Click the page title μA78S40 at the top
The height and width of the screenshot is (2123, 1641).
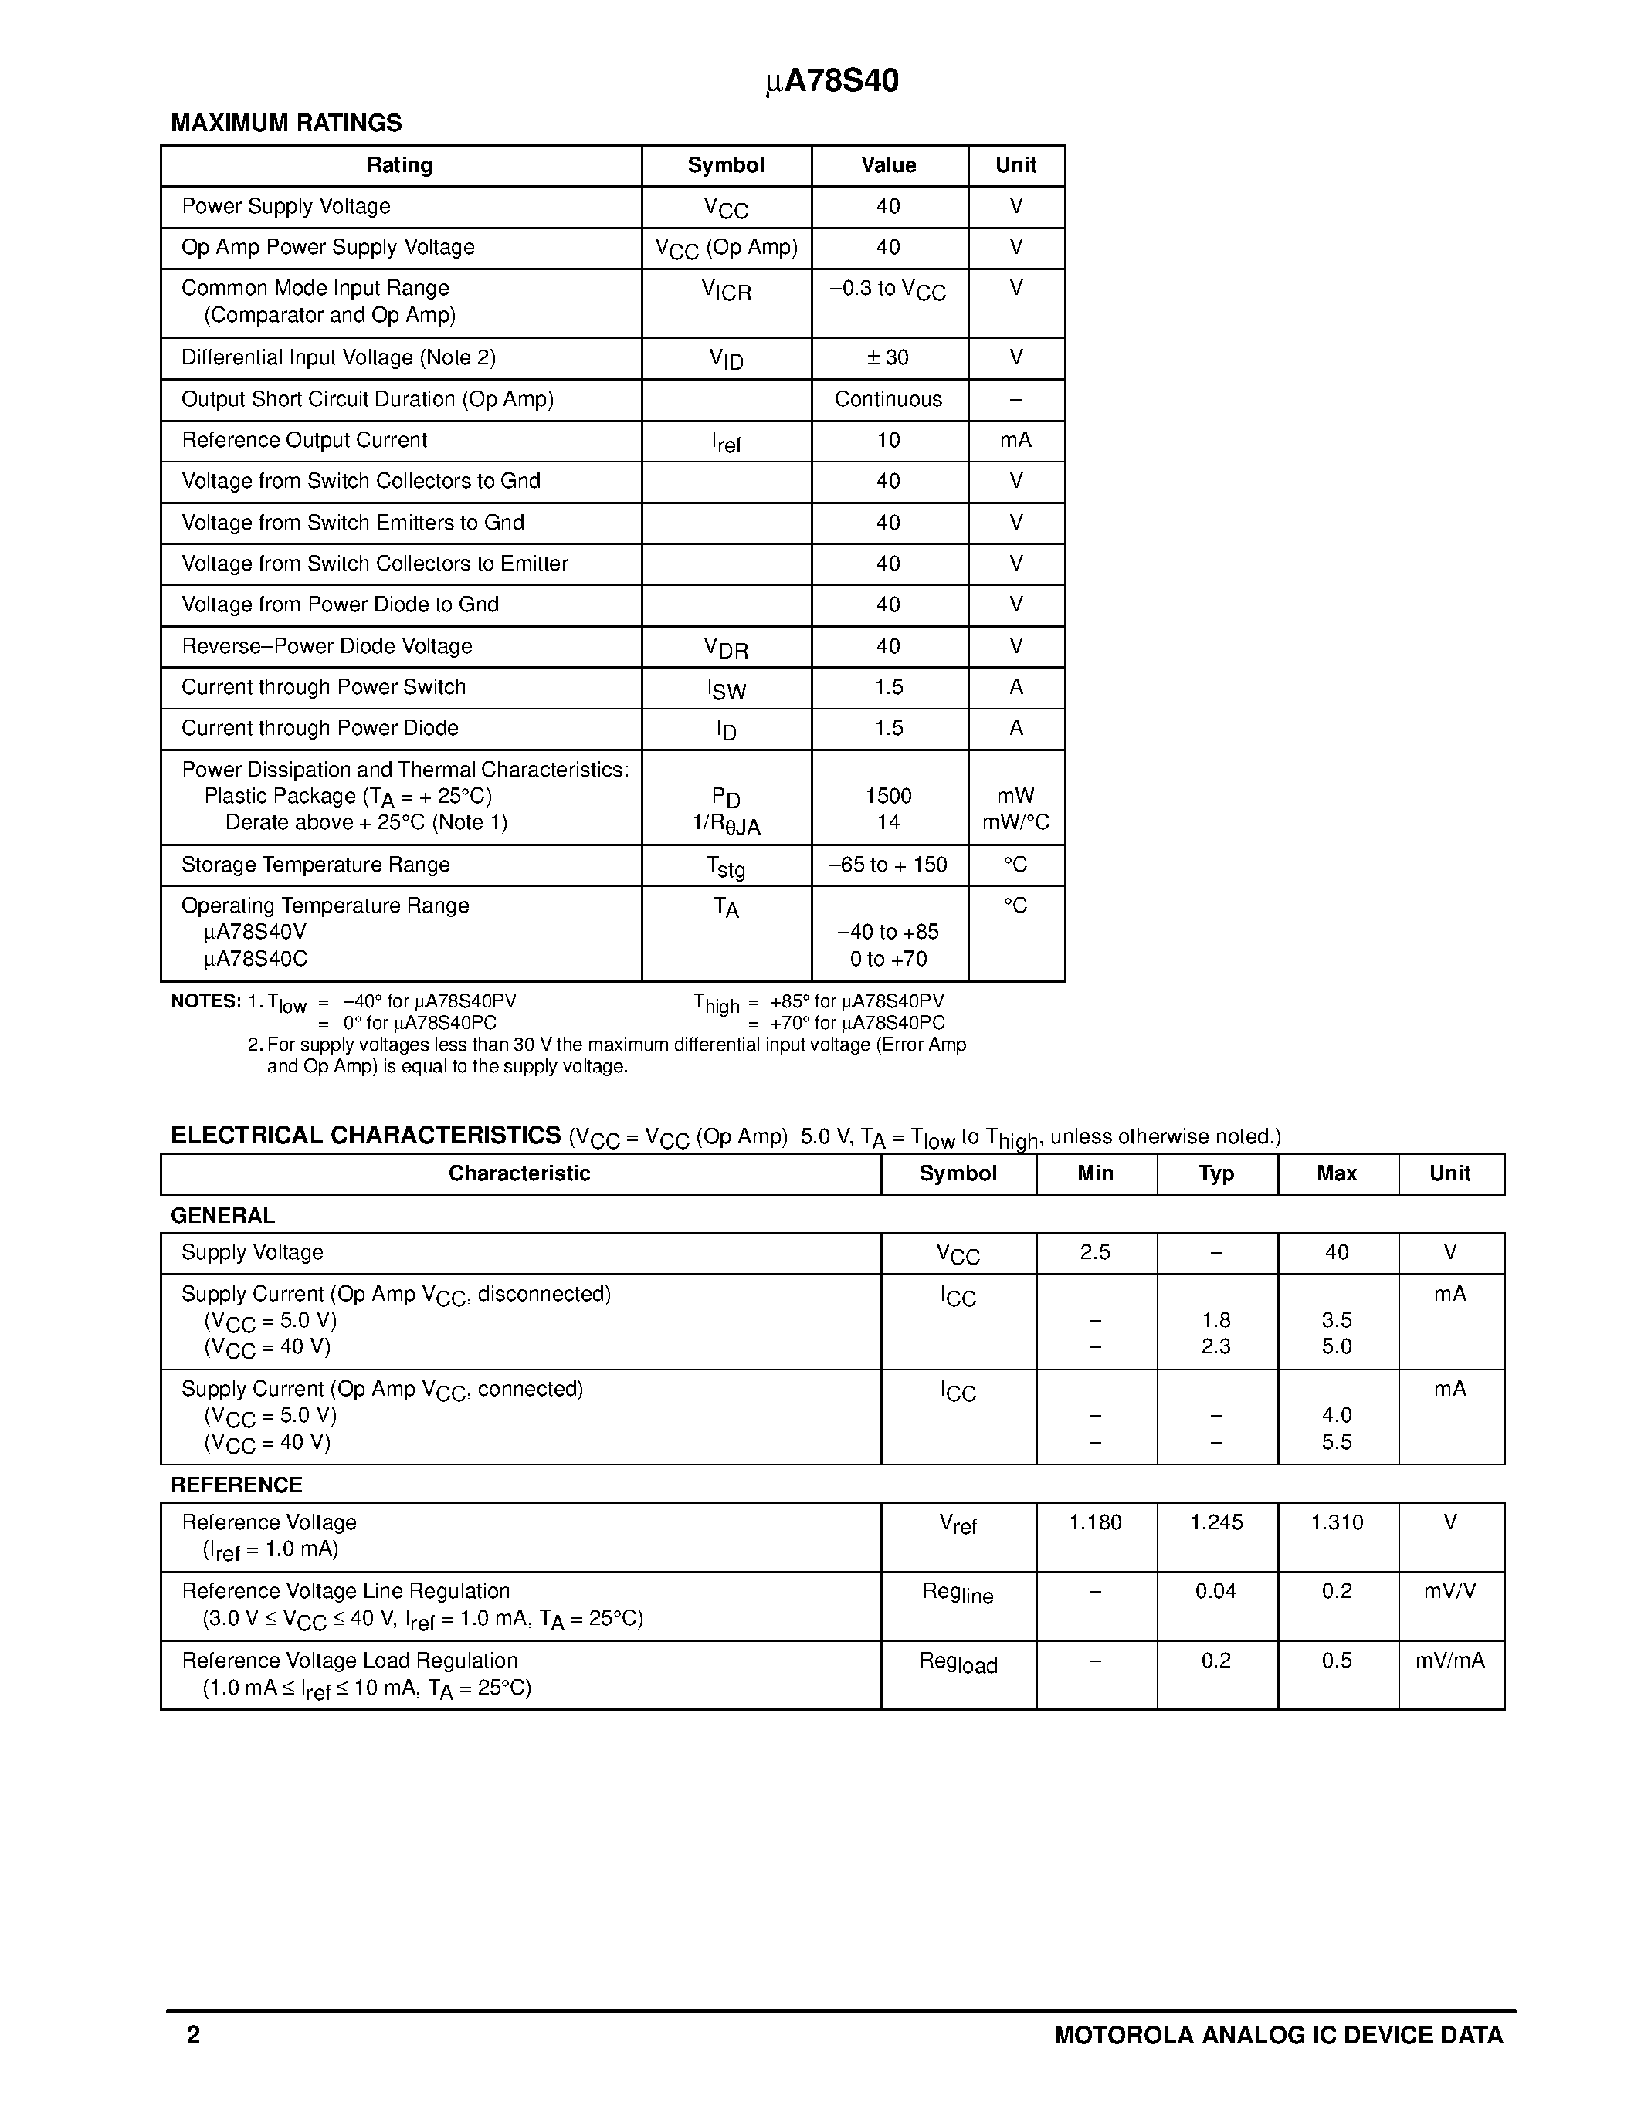coord(832,82)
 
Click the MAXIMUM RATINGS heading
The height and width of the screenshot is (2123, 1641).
coord(286,124)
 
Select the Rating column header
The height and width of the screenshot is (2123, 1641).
coord(399,165)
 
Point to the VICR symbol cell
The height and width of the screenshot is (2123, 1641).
coord(726,290)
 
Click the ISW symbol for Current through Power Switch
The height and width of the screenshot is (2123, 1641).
coord(726,689)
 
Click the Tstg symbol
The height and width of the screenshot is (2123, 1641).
coord(726,867)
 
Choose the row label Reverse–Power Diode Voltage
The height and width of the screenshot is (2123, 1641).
coord(327,646)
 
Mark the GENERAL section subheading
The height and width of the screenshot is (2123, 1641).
coord(222,1216)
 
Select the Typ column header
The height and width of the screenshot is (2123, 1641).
coord(1215,1174)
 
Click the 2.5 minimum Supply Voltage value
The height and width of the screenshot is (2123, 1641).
coord(1095,1253)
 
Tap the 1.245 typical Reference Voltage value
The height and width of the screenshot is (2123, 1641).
coord(1215,1523)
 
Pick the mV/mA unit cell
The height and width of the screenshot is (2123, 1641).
coord(1449,1661)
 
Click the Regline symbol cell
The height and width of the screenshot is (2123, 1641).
coord(958,1594)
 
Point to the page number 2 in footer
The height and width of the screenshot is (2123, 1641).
coord(194,2036)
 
